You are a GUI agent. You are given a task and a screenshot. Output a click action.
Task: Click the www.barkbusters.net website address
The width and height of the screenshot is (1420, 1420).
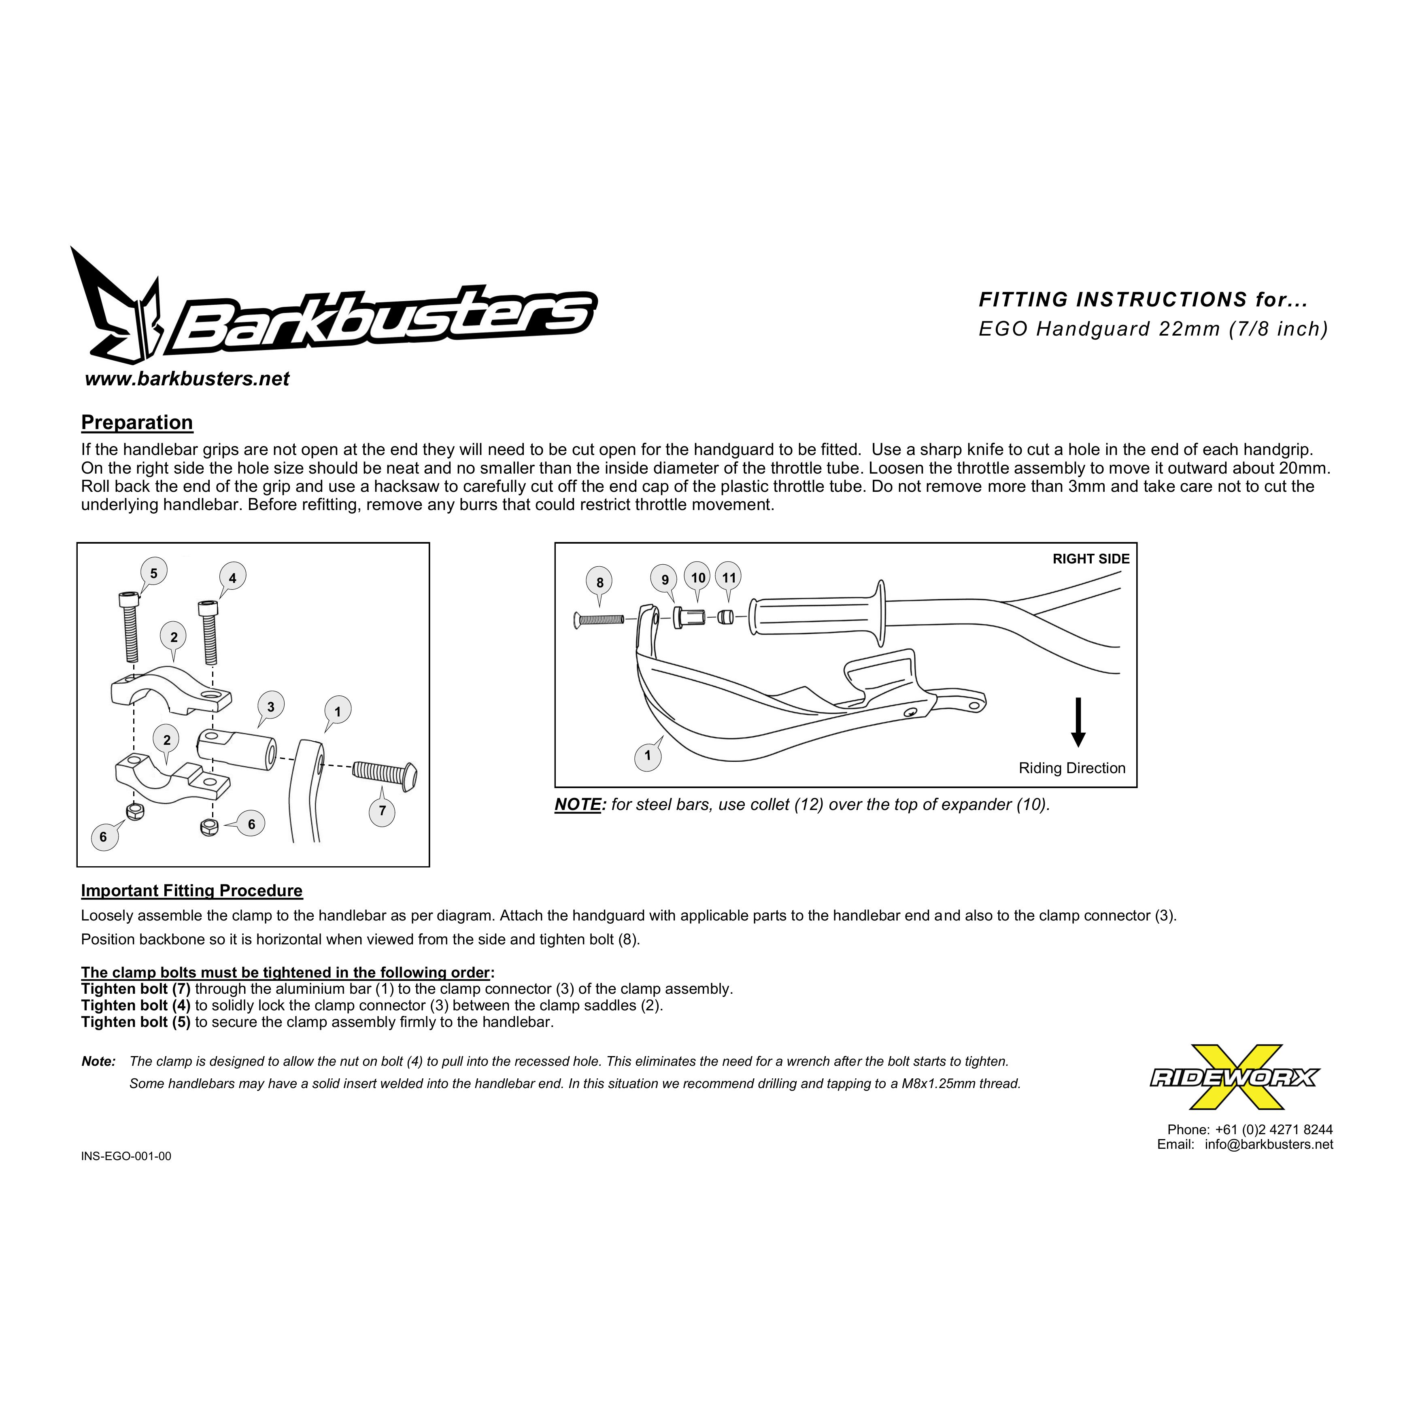[187, 379]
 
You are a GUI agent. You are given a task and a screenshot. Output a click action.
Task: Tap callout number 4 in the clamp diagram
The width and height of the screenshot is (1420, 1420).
[232, 578]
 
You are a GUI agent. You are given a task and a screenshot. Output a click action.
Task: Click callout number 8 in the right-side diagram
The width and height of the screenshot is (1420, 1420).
[600, 582]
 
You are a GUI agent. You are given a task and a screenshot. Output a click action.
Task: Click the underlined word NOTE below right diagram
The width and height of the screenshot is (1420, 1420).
[578, 805]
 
